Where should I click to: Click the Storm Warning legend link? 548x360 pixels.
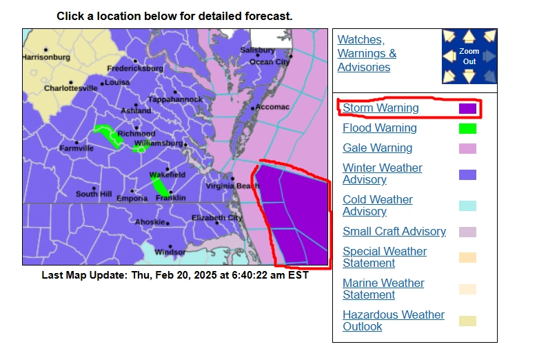pyautogui.click(x=380, y=108)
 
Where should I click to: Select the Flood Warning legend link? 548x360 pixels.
pyautogui.click(x=379, y=128)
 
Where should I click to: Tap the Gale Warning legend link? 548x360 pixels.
pyautogui.click(x=377, y=148)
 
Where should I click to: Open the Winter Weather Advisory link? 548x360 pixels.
pyautogui.click(x=382, y=173)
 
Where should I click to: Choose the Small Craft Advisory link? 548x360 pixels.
pyautogui.click(x=394, y=231)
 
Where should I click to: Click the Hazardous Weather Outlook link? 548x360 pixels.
pyautogui.click(x=394, y=320)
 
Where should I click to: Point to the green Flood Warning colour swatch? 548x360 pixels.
pyautogui.click(x=467, y=128)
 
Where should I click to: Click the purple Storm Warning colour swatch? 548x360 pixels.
pyautogui.click(x=467, y=108)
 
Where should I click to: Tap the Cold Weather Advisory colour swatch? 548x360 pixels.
pyautogui.click(x=467, y=206)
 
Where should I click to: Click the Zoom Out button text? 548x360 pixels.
pyautogui.click(x=469, y=57)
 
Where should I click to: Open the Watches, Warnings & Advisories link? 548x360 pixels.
pyautogui.click(x=367, y=53)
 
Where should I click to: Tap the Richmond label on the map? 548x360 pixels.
pyautogui.click(x=136, y=133)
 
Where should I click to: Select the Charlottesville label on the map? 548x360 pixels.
pyautogui.click(x=70, y=88)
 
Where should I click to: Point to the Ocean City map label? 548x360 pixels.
pyautogui.click(x=269, y=62)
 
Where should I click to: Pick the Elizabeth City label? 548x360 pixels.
pyautogui.click(x=216, y=218)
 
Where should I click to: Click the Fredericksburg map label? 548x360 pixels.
pyautogui.click(x=135, y=68)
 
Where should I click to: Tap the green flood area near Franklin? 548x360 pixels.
pyautogui.click(x=160, y=186)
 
